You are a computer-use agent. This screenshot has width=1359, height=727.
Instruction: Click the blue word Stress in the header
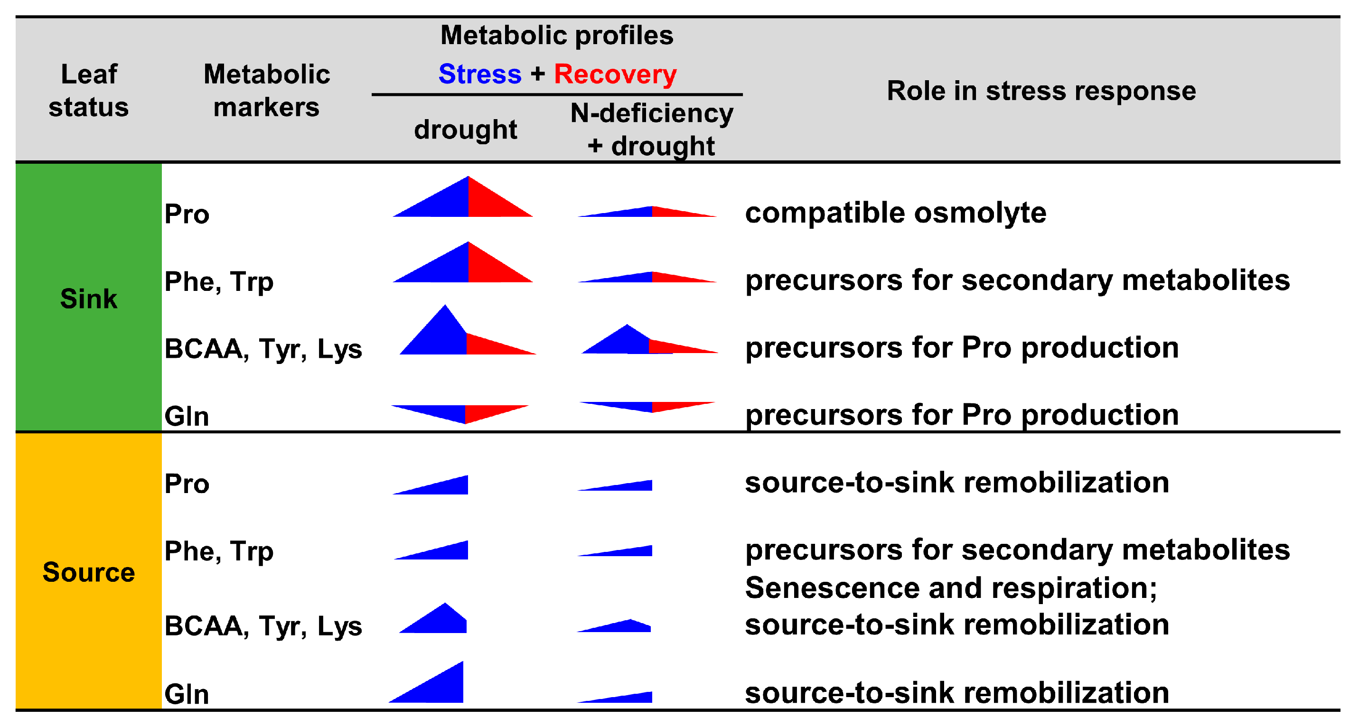[x=479, y=74]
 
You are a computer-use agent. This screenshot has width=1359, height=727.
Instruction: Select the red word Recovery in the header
[x=615, y=74]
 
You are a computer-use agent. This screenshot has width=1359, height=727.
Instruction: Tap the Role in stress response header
[x=1041, y=90]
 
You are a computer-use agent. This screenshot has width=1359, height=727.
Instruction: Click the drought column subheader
[x=465, y=129]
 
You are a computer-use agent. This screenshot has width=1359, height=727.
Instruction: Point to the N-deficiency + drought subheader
[x=652, y=129]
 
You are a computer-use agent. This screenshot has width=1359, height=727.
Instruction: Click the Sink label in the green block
[x=89, y=298]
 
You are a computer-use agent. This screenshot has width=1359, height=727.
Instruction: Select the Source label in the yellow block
[x=89, y=572]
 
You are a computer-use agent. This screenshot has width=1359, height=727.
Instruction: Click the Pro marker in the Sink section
[x=187, y=214]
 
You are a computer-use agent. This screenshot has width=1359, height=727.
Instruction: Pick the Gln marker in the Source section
[x=187, y=694]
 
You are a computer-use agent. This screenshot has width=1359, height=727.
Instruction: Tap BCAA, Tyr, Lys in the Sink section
[x=262, y=349]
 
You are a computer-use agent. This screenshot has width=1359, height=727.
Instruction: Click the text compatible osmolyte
[x=895, y=213]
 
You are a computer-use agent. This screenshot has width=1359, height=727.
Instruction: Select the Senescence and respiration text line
[x=951, y=587]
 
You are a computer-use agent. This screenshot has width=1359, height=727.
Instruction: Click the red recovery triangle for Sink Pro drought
[x=491, y=203]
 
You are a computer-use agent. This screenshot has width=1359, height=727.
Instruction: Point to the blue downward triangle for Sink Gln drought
[x=443, y=412]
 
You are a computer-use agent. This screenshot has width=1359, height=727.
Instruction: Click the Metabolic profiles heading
[x=557, y=35]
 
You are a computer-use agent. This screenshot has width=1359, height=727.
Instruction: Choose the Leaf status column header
[x=89, y=90]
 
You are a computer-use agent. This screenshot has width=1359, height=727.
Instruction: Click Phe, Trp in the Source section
[x=219, y=551]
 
